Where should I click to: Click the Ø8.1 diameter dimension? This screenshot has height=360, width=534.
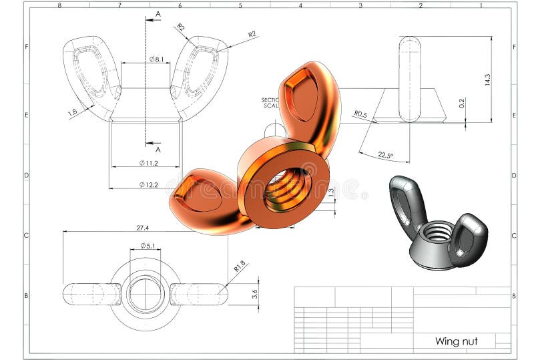click(x=156, y=59)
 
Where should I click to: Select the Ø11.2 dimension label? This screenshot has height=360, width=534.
click(x=148, y=163)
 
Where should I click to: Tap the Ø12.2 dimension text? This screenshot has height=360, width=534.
click(x=148, y=184)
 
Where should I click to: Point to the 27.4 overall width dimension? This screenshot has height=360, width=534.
click(x=142, y=228)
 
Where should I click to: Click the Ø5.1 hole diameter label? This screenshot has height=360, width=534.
click(x=148, y=246)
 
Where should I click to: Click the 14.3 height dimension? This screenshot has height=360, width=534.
click(x=487, y=79)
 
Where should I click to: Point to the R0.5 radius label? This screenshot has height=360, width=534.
click(x=361, y=114)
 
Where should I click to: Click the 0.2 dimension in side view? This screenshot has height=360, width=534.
click(x=461, y=103)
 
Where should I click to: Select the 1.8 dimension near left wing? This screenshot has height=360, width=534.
click(x=73, y=113)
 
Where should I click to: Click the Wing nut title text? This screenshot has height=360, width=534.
click(x=456, y=341)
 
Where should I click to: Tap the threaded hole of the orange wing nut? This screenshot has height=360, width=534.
click(x=287, y=186)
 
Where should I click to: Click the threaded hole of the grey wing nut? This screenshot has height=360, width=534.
click(x=438, y=233)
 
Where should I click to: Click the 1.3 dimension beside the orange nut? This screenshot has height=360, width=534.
click(x=331, y=193)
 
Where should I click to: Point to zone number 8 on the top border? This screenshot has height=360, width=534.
click(x=59, y=5)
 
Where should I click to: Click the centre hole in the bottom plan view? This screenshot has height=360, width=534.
click(x=146, y=294)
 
